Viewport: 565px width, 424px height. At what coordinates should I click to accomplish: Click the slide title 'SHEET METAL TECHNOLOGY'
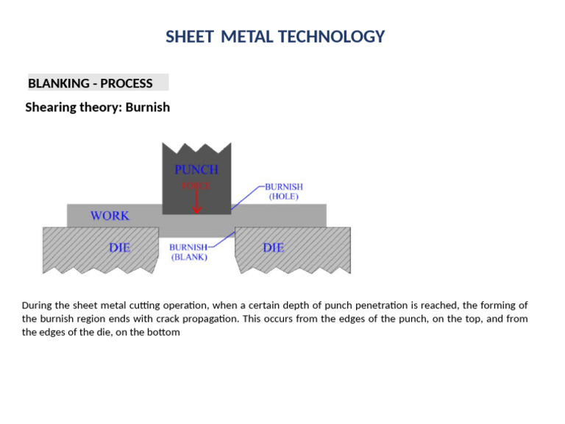click(275, 37)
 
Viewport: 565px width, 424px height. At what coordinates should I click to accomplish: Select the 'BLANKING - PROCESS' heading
click(90, 83)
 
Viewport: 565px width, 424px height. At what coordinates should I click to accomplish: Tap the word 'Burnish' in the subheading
click(148, 107)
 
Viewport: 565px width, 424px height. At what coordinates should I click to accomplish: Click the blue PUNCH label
click(196, 169)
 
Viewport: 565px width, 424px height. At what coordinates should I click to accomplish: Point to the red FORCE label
click(196, 186)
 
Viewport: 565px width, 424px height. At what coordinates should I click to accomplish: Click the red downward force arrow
click(196, 202)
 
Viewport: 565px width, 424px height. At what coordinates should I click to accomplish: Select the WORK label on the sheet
click(110, 216)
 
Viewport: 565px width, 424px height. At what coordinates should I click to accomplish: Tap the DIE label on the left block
click(120, 248)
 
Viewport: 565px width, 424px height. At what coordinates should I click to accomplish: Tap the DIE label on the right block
click(274, 248)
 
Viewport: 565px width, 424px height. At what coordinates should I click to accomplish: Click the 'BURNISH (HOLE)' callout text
click(284, 192)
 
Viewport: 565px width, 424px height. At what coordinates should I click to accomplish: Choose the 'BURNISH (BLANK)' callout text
click(188, 252)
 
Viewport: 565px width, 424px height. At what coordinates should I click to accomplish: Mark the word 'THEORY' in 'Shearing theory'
click(102, 107)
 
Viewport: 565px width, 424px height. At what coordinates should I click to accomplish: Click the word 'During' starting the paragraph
click(38, 305)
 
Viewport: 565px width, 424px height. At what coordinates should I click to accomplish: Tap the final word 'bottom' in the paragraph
click(163, 333)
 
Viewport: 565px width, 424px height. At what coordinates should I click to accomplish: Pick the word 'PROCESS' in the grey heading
click(127, 83)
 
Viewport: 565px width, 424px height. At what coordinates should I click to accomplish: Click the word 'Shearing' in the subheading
click(51, 107)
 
